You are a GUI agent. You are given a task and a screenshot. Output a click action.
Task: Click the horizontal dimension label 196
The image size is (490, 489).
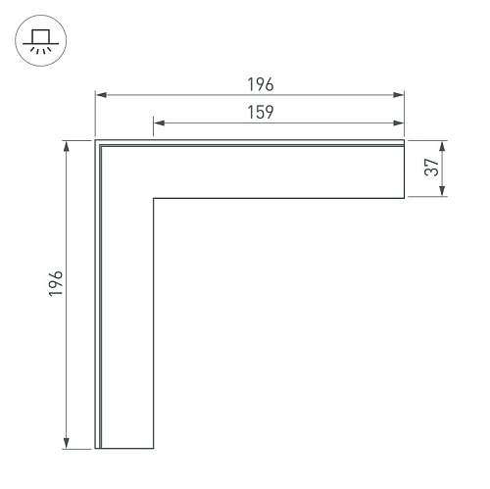pos(261,84)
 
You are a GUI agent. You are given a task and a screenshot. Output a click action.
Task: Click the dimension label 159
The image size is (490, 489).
pos(261,112)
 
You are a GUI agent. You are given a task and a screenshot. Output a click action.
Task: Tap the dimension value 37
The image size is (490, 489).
pos(431,168)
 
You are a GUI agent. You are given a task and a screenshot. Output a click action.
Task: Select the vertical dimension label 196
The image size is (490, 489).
pos(56,283)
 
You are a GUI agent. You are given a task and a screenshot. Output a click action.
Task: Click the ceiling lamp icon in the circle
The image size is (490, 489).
pos(41,41)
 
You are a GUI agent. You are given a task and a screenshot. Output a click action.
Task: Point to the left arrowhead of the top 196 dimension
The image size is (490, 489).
pos(102,95)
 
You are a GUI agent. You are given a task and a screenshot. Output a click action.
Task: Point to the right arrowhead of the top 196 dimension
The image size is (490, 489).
pos(398,95)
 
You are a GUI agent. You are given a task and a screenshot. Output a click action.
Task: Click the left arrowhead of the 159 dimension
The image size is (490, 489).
pos(159,122)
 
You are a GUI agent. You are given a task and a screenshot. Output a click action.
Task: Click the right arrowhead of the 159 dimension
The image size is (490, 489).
pos(398,122)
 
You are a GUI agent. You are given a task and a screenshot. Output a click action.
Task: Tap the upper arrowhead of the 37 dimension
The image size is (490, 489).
pos(442,146)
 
